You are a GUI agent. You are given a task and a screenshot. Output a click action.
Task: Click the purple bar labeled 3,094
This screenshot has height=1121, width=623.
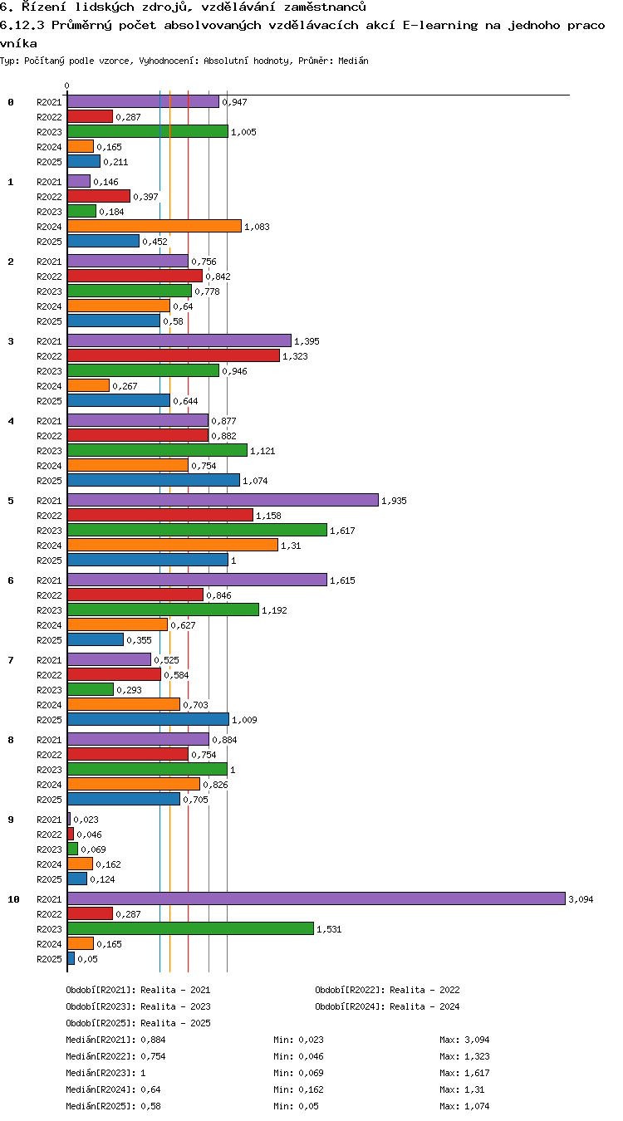click(316, 898)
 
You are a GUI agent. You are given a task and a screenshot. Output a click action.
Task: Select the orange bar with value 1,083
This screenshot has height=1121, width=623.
click(155, 226)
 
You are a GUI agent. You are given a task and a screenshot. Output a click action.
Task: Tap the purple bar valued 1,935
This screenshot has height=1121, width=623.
click(223, 500)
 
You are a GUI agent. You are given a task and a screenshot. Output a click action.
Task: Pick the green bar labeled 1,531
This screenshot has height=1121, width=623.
click(190, 928)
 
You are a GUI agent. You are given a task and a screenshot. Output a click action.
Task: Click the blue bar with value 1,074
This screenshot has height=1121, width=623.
click(154, 481)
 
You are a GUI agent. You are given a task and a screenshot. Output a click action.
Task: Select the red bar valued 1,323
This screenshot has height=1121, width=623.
click(174, 356)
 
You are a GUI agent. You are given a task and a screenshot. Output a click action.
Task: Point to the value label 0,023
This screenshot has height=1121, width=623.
click(86, 820)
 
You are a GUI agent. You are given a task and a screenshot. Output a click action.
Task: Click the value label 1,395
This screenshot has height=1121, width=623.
click(307, 341)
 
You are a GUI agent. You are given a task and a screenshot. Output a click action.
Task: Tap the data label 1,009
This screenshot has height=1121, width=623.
click(244, 720)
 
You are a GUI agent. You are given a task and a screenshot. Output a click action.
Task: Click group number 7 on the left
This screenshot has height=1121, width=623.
click(11, 660)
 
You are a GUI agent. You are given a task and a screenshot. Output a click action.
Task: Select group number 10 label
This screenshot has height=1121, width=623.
click(13, 899)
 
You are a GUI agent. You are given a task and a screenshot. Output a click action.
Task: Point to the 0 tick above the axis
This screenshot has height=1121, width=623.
click(67, 86)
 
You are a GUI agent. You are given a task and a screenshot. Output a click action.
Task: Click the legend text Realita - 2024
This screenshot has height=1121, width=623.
click(424, 1006)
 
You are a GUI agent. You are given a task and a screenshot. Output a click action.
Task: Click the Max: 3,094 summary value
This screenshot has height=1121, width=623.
click(464, 1040)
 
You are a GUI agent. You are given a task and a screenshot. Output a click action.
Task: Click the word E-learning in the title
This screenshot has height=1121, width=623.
click(440, 26)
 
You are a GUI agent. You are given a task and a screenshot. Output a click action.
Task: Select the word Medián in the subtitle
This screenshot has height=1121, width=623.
click(353, 61)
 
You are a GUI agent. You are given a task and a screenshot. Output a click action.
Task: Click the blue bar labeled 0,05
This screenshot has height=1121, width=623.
click(71, 958)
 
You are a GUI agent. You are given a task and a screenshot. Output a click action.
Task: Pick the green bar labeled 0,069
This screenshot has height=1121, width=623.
click(72, 849)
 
